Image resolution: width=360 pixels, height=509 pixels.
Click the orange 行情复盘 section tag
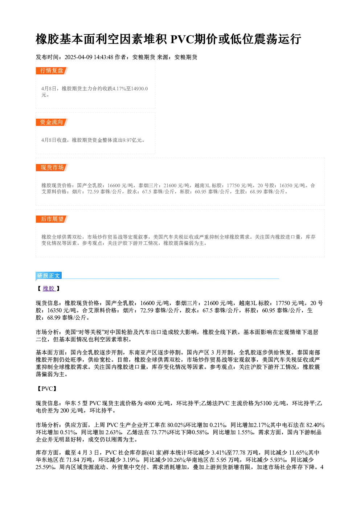point(52,71)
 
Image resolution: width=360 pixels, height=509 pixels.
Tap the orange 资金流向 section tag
point(52,122)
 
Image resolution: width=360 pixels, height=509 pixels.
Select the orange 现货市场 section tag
point(52,168)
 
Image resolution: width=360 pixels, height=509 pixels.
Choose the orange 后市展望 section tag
point(52,219)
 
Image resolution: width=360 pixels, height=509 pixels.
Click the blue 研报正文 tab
point(49,275)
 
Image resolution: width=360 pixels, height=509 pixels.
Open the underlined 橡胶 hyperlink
point(49,288)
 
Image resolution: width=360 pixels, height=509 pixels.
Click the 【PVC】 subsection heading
point(47,389)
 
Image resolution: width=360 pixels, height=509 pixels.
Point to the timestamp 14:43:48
point(103,57)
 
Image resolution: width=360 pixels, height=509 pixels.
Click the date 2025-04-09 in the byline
point(78,57)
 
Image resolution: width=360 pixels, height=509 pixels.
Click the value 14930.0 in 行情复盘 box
point(139,89)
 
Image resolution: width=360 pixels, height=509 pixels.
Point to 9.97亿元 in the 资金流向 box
point(132,140)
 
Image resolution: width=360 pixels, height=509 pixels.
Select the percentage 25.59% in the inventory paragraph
point(45,467)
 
